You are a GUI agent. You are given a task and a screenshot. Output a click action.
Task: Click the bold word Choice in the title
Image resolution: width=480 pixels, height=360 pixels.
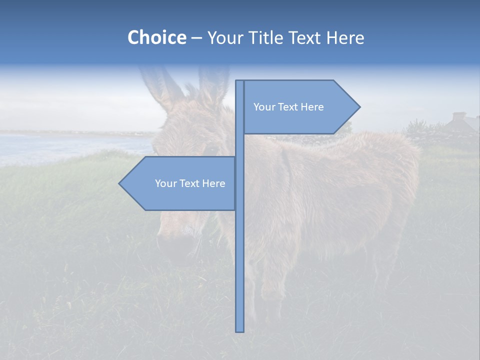pos(156,37)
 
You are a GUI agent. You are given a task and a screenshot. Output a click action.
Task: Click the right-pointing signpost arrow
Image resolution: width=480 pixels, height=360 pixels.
pos(300,107)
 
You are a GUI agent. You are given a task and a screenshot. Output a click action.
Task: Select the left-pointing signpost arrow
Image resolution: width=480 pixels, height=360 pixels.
pos(180,183)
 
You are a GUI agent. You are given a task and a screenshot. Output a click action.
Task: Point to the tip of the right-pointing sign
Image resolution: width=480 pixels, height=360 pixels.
pos(359,107)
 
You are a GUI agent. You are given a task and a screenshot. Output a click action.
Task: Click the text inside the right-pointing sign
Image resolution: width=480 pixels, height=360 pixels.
pos(288,107)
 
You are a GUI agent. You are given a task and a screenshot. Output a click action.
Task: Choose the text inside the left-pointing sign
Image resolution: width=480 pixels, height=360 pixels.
pos(190,183)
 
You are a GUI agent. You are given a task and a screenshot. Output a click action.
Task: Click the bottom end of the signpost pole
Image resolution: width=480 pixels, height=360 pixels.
pos(240,330)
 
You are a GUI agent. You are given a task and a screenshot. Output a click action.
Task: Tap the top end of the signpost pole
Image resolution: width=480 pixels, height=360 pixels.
pos(240,82)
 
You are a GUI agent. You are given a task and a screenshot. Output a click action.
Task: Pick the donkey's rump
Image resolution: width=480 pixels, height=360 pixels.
pos(395,170)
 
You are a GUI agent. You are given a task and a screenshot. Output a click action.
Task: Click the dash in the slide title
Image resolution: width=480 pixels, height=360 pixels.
pos(196,38)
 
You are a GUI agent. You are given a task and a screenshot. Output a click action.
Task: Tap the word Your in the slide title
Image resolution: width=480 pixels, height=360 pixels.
pos(222,37)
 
